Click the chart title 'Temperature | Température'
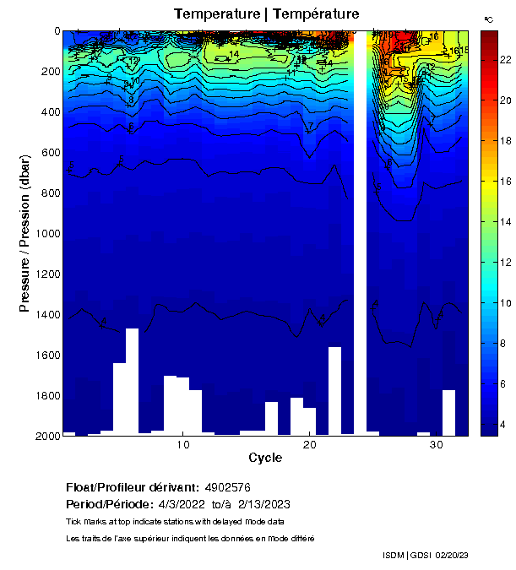(x=266, y=14)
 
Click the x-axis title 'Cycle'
(x=265, y=458)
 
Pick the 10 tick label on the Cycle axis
(x=183, y=445)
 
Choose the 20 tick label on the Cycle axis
(x=310, y=445)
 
